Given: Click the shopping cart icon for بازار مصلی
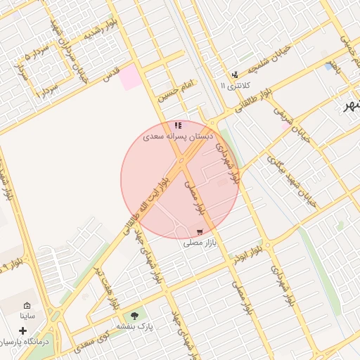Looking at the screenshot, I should [200, 232].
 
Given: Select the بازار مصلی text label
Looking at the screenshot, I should [199, 243].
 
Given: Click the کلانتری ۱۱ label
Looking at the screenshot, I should [235, 86].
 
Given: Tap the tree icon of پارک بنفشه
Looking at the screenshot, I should [134, 316].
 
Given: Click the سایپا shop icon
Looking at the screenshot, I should [27, 306].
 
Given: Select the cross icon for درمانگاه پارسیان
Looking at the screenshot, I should [23, 330].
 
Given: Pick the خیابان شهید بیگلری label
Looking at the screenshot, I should [292, 179].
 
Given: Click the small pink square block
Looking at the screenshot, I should [129, 77].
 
